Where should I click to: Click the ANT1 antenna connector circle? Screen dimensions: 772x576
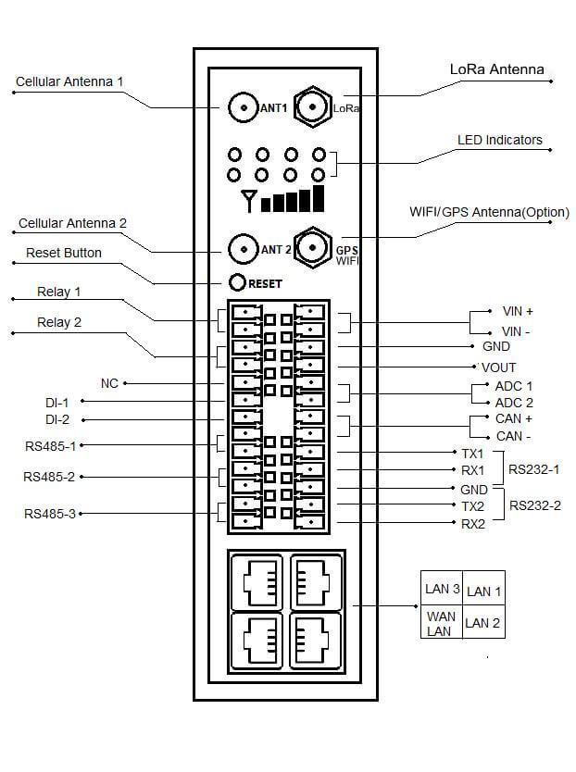point(243,108)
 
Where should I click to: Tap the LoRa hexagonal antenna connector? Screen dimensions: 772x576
point(313,107)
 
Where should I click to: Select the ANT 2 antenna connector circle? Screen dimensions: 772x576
point(243,249)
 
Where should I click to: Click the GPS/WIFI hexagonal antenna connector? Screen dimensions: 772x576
point(313,248)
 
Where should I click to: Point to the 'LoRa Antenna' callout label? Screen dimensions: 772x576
point(496,69)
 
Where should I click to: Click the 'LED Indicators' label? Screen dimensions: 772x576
point(500,141)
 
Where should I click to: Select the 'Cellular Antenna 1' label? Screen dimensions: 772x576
point(69,81)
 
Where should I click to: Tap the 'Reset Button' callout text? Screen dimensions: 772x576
point(64,253)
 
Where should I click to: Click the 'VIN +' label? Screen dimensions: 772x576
point(518,312)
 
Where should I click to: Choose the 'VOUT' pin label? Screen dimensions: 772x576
point(498,367)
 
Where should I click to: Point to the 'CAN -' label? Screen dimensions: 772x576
point(514,436)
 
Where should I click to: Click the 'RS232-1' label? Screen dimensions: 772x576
point(535,469)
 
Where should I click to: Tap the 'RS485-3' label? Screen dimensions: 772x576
point(50,513)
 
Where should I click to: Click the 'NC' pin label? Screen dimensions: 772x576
point(109,382)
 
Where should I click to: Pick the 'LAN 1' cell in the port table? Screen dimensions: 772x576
point(483,591)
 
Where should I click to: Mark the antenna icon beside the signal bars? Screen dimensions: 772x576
point(248,199)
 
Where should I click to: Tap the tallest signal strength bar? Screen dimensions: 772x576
point(319,197)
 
